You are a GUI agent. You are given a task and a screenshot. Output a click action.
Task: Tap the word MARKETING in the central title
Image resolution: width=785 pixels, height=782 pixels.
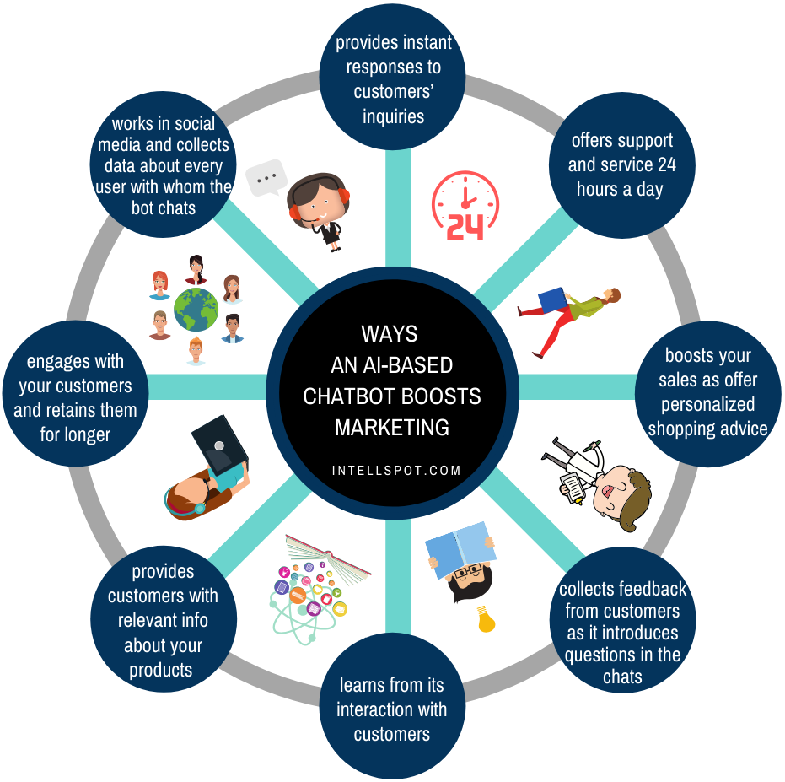click(x=392, y=427)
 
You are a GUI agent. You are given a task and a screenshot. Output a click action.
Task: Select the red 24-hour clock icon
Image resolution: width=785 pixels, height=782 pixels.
click(x=465, y=205)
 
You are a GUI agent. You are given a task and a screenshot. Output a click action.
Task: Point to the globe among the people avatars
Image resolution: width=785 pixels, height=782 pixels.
click(x=196, y=309)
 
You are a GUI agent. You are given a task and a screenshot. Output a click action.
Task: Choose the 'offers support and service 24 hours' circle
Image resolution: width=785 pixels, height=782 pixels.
click(x=621, y=164)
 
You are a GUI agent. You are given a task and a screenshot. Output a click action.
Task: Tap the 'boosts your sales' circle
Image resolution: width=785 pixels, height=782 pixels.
click(x=708, y=392)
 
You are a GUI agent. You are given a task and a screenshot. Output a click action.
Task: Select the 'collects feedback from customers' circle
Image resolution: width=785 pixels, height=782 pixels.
click(x=622, y=621)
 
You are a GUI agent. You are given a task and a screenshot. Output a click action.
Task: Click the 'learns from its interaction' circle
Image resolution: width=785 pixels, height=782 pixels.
click(x=392, y=709)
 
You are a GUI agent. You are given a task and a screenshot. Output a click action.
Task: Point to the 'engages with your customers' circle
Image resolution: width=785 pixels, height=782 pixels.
click(x=75, y=397)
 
